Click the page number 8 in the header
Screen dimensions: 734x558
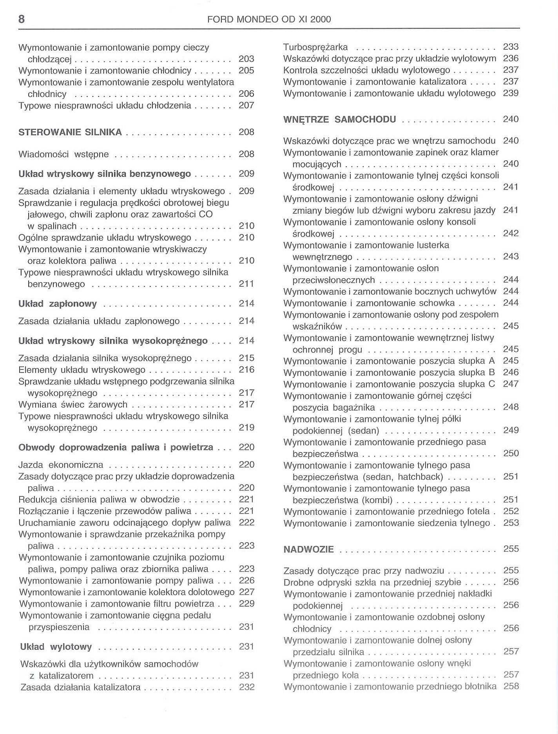pyautogui.click(x=22, y=19)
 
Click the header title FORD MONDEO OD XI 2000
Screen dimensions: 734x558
pyautogui.click(x=269, y=19)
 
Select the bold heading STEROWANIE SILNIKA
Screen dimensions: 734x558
pyautogui.click(x=70, y=132)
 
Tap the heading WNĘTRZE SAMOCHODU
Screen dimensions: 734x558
pyautogui.click(x=339, y=119)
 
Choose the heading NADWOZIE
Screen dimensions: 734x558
pyautogui.click(x=308, y=549)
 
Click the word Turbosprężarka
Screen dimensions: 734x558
pyautogui.click(x=315, y=47)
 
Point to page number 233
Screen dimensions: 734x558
pyautogui.click(x=511, y=47)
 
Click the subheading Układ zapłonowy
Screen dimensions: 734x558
pyautogui.click(x=58, y=303)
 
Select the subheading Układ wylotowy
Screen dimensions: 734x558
pyautogui.click(x=56, y=647)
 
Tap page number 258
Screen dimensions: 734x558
pyautogui.click(x=511, y=686)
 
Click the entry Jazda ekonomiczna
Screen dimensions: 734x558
pyautogui.click(x=61, y=465)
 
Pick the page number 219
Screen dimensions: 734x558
pyautogui.click(x=246, y=427)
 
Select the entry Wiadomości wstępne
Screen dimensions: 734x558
pyautogui.click(x=63, y=154)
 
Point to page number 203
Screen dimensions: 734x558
pyautogui.click(x=246, y=59)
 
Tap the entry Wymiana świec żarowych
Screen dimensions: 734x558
pyautogui.click(x=73, y=404)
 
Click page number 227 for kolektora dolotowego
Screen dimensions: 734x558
pyautogui.click(x=246, y=592)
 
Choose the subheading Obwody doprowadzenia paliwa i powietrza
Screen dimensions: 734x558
pyautogui.click(x=116, y=447)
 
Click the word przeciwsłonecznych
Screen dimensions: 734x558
pyautogui.click(x=333, y=280)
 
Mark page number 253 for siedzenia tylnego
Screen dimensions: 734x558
pyautogui.click(x=511, y=523)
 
